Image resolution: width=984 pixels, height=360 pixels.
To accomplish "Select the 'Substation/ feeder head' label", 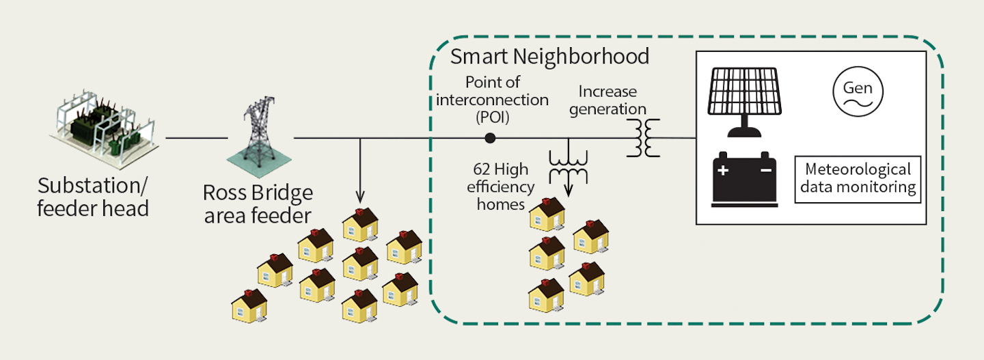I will pyautogui.click(x=93, y=197).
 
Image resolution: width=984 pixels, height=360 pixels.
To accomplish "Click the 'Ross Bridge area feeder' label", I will pyautogui.click(x=258, y=204).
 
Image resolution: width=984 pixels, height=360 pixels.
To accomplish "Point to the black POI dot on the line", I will pyautogui.click(x=489, y=138).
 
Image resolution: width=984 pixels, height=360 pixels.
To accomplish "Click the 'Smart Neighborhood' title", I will pyautogui.click(x=549, y=56).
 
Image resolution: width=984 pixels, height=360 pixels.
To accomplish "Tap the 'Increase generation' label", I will pyautogui.click(x=612, y=100).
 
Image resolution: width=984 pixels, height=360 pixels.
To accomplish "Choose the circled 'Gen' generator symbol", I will pyautogui.click(x=858, y=92).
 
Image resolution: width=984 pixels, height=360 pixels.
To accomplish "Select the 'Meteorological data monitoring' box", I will pyautogui.click(x=858, y=179).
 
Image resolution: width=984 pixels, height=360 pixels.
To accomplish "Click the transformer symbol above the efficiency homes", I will pyautogui.click(x=569, y=165).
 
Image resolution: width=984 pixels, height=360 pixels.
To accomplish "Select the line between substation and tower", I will pyautogui.click(x=196, y=138).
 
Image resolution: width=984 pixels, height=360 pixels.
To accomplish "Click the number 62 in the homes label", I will pyautogui.click(x=482, y=169).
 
